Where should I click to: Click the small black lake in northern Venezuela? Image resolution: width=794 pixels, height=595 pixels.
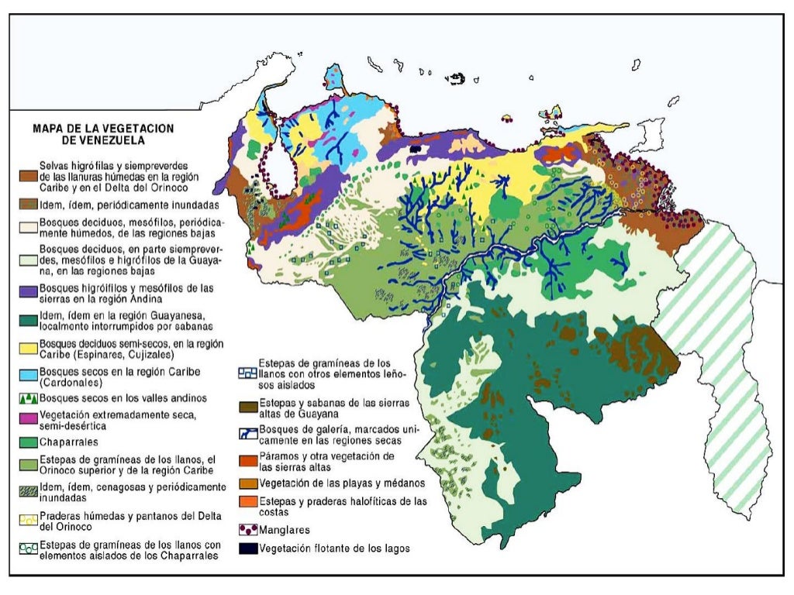418,146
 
